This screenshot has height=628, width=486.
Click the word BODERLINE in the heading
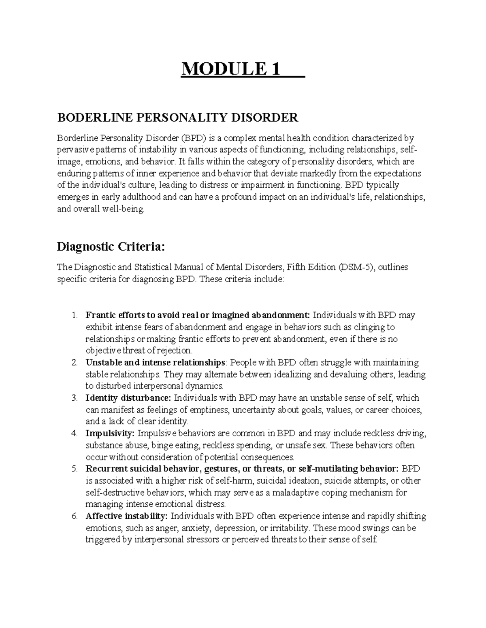pos(86,118)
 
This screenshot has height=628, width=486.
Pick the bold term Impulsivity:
pos(110,433)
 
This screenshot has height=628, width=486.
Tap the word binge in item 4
pos(164,445)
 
